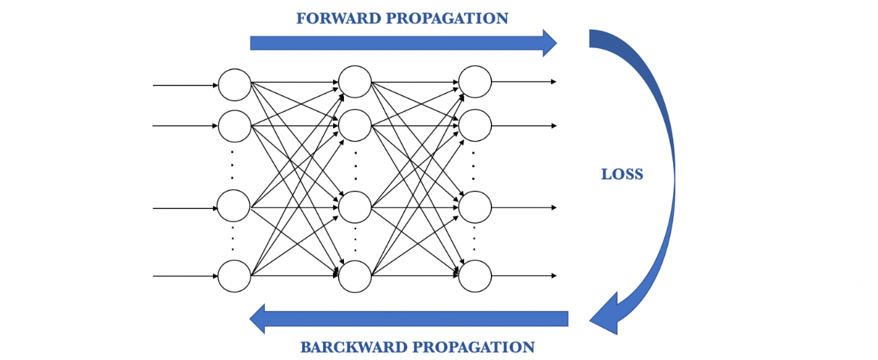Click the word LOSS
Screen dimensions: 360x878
[622, 175]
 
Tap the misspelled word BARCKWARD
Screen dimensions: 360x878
[353, 347]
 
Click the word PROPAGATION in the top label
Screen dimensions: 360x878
[447, 18]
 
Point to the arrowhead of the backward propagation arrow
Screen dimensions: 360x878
[258, 318]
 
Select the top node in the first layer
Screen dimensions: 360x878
[234, 85]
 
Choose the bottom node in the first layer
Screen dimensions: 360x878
[234, 276]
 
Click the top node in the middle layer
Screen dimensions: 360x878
[355, 82]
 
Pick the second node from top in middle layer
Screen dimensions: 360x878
[355, 125]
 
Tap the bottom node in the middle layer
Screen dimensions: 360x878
[355, 276]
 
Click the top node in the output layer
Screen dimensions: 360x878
[475, 82]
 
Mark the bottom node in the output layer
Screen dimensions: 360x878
[475, 276]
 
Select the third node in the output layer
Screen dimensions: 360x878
[475, 208]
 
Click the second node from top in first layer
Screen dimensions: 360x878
[234, 125]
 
